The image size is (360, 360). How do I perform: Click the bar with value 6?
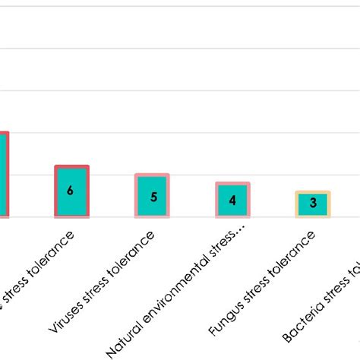click(x=71, y=191)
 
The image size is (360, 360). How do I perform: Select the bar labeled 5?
click(x=152, y=196)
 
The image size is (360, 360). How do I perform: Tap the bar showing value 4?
click(x=232, y=200)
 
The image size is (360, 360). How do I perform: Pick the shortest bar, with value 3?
click(x=312, y=204)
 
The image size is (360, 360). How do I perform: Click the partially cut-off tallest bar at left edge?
click(x=4, y=175)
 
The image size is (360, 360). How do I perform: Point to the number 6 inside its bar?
click(x=71, y=191)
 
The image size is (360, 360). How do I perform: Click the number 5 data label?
click(x=153, y=197)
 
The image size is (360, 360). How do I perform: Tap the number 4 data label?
click(x=232, y=201)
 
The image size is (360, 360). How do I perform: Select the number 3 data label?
click(x=312, y=204)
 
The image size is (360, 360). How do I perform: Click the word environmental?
click(x=178, y=289)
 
